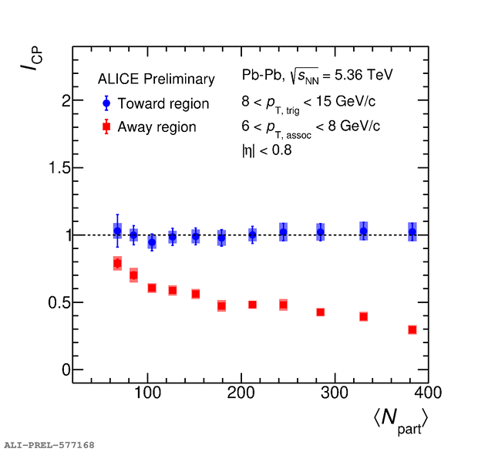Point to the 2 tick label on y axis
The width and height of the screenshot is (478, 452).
tap(66, 101)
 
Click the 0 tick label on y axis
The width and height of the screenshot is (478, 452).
tap(66, 369)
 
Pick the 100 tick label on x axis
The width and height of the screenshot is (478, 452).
tap(147, 393)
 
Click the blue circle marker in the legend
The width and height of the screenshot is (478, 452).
tap(106, 103)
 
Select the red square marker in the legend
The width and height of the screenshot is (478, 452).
tap(106, 126)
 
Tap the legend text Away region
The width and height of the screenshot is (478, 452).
tap(157, 126)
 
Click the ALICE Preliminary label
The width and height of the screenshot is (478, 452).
tap(156, 79)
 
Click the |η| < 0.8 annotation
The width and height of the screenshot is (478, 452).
tap(267, 150)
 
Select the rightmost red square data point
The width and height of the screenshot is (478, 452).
tap(412, 329)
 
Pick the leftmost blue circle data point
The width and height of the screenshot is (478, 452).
tap(117, 231)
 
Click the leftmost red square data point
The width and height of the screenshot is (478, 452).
tap(117, 264)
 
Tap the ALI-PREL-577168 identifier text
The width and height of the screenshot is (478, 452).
tap(50, 445)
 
